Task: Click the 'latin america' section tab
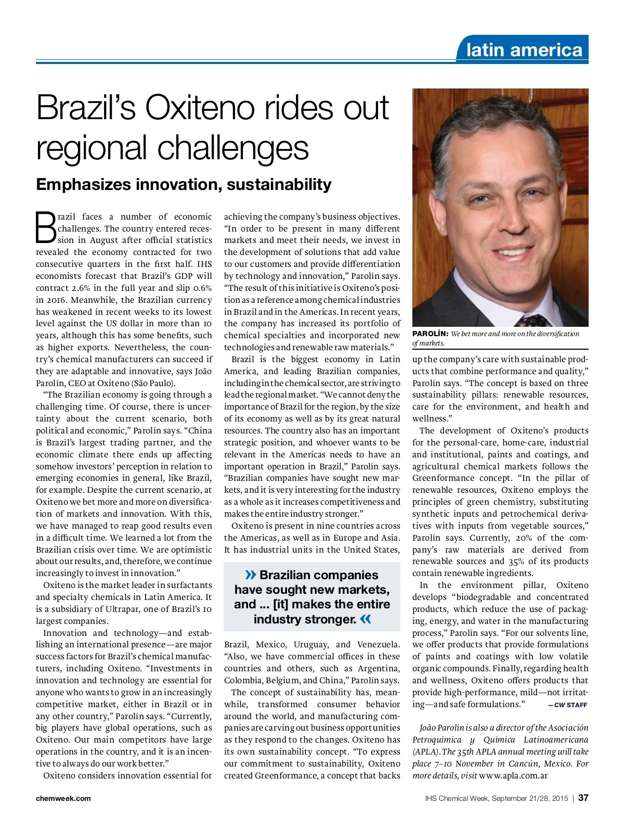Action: [x=524, y=50]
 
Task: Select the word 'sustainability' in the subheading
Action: [x=279, y=184]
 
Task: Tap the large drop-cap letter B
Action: [x=46, y=227]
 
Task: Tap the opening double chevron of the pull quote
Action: [x=251, y=575]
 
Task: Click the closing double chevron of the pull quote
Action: [x=366, y=619]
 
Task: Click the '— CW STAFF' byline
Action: [x=567, y=705]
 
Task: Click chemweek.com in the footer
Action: [x=63, y=798]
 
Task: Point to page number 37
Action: [x=583, y=798]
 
